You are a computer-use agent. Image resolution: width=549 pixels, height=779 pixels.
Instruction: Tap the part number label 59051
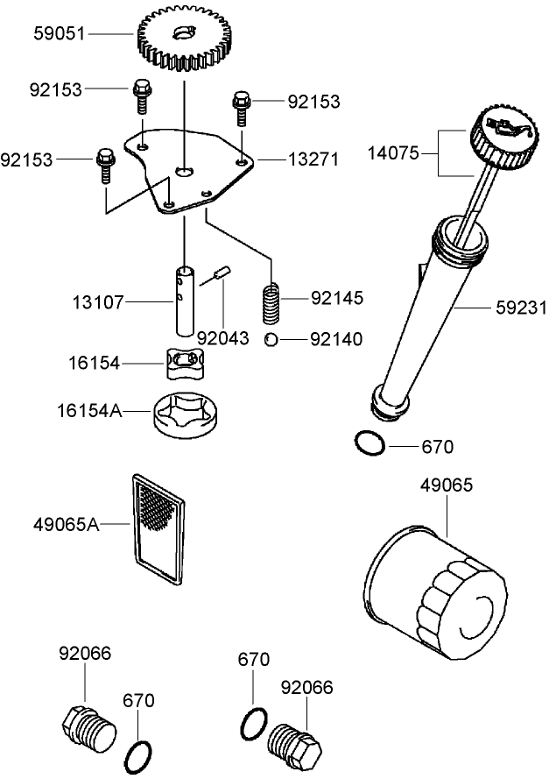(60, 34)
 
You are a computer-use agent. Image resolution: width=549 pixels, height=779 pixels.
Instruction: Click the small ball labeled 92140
(272, 339)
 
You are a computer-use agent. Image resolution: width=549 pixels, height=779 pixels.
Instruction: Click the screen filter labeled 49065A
(158, 528)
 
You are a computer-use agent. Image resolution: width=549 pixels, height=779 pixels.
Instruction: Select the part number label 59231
(520, 308)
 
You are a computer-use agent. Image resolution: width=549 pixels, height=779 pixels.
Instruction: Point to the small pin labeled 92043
(223, 273)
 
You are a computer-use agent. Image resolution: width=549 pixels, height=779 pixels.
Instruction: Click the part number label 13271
(313, 159)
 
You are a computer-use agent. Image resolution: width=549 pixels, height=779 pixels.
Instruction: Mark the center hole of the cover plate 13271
(183, 170)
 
